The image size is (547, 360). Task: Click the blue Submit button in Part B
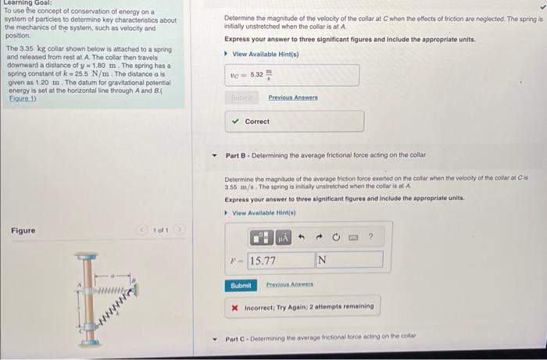point(241,286)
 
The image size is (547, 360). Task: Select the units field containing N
point(349,259)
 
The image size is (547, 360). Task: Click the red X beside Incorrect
point(234,306)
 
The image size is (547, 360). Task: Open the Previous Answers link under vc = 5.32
point(293,98)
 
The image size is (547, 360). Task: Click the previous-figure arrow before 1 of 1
point(141,230)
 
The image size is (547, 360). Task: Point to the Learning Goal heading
point(25,4)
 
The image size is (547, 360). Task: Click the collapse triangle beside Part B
point(214,155)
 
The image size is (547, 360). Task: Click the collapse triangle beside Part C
point(214,339)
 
